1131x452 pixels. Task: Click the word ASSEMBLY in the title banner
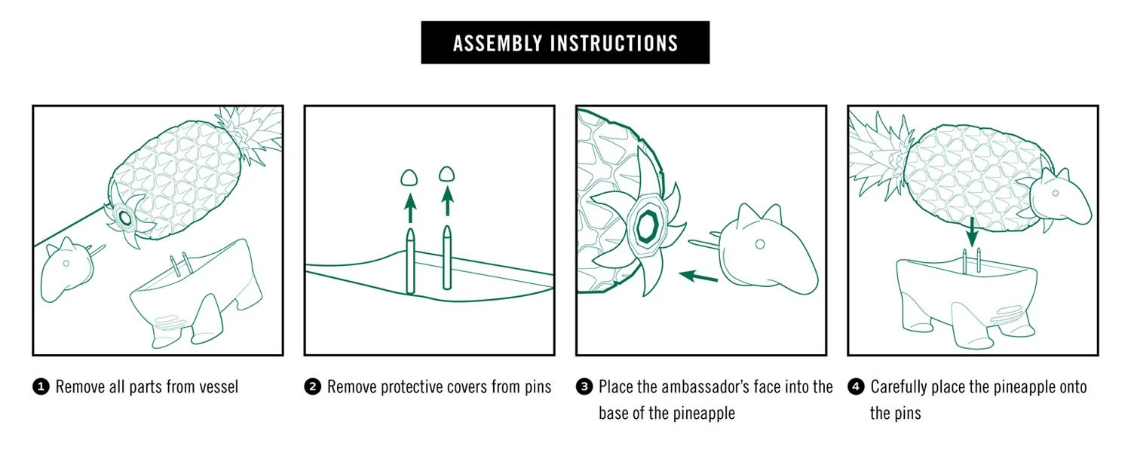(x=498, y=44)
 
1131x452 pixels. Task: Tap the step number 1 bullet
(x=41, y=387)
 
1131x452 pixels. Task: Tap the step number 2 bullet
(x=313, y=387)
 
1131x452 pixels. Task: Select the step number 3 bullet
(x=584, y=387)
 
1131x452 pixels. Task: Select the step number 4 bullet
(x=856, y=387)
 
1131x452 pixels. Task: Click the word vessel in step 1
(x=218, y=387)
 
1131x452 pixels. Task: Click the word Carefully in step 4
(x=899, y=387)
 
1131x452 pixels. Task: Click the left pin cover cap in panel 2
(x=409, y=177)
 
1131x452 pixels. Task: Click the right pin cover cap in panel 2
(x=446, y=174)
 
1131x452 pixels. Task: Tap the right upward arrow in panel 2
(x=447, y=201)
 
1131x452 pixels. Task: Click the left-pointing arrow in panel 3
(x=698, y=276)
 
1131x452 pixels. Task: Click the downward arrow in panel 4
(x=971, y=232)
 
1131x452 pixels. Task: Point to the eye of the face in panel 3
(x=760, y=245)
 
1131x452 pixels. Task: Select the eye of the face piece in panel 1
(x=66, y=264)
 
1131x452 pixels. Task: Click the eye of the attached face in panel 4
(x=1056, y=193)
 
